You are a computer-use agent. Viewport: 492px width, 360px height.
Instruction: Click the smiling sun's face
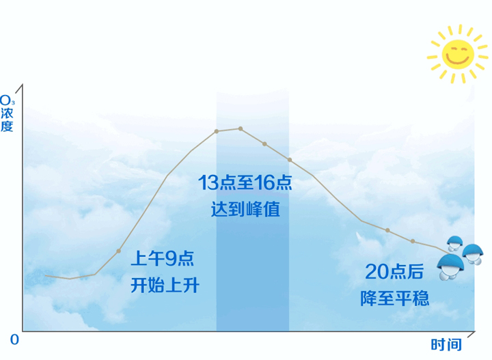coord(457,54)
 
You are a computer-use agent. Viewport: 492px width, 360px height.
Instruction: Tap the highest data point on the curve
coord(241,128)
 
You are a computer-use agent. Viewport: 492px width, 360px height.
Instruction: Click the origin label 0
coord(14,340)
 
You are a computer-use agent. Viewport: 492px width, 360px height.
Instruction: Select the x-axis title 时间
coord(446,345)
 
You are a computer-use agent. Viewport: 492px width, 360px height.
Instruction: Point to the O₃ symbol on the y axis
coord(7,100)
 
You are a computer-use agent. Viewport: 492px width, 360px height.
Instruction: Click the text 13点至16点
coord(245,182)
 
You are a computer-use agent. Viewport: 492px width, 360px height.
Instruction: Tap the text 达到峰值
coord(245,209)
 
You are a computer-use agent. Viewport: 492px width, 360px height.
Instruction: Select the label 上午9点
coord(163,259)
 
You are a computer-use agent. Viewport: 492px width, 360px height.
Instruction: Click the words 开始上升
coord(165,286)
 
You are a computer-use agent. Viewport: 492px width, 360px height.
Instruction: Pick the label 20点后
coord(394,272)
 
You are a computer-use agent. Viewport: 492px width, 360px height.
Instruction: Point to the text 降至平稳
coord(394,299)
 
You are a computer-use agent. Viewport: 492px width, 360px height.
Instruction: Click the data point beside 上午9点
coord(119,251)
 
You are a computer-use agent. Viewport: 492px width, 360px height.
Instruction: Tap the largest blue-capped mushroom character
coord(450,267)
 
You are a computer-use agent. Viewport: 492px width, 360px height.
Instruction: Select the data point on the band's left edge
coord(217,131)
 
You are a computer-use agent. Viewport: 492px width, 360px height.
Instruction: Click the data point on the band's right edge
coord(290,160)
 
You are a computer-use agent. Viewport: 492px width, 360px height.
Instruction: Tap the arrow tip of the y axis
coord(23,84)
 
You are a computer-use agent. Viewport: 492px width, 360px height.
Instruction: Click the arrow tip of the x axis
coord(475,331)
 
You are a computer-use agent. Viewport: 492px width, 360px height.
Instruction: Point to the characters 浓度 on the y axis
coord(7,120)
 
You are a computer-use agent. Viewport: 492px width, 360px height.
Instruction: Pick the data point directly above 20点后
coord(387,230)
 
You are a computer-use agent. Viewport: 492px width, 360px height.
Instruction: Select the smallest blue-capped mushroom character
coord(455,244)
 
